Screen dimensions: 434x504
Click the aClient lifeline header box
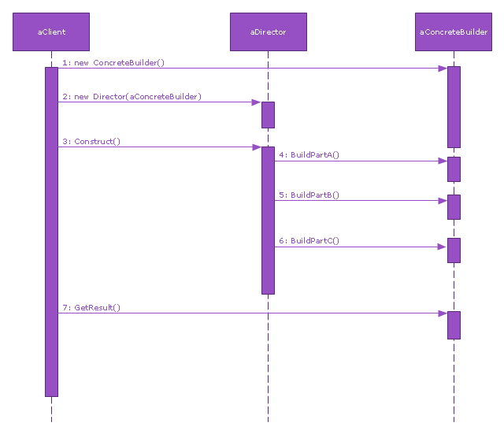[51, 32]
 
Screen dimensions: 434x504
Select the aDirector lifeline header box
[268, 32]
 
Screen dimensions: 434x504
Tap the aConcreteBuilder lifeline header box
[454, 32]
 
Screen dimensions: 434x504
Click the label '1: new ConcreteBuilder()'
[113, 62]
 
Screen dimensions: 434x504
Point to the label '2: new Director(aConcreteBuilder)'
[132, 96]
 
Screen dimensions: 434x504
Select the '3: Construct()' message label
[91, 142]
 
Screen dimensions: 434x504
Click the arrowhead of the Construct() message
[257, 147]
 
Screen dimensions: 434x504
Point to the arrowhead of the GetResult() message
[443, 313]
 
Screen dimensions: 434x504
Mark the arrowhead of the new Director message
[257, 102]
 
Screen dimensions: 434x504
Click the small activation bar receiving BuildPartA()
[454, 169]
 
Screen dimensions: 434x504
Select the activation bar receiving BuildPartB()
[454, 207]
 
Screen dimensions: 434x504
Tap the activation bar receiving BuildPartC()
[454, 250]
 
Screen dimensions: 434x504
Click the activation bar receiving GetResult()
[454, 325]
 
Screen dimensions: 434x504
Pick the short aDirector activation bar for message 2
[268, 115]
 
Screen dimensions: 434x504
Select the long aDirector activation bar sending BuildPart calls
[268, 221]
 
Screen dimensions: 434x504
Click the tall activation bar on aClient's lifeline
[51, 232]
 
